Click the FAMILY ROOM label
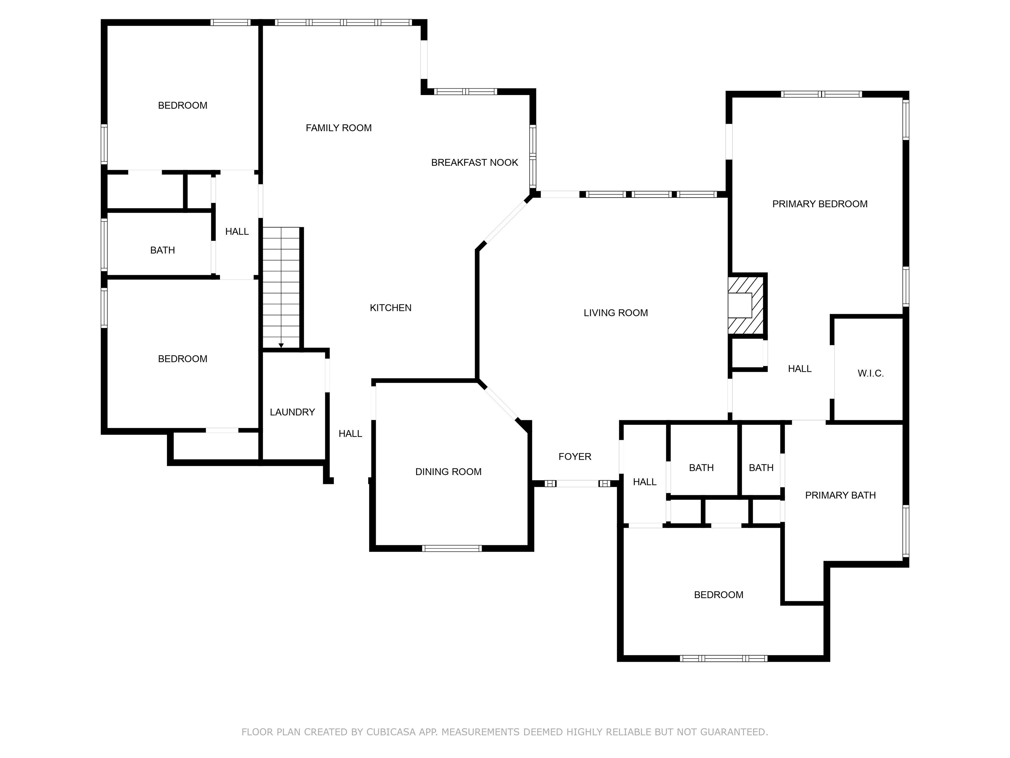(x=338, y=128)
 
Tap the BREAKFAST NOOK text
(x=474, y=163)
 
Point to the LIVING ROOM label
(x=615, y=313)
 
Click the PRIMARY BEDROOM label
(x=820, y=204)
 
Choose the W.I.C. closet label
(x=870, y=373)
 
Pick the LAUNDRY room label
(x=292, y=412)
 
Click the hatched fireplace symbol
(x=746, y=305)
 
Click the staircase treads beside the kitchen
(x=281, y=288)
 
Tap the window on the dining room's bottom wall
(x=452, y=548)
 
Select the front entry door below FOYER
(x=577, y=483)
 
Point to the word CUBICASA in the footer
(x=391, y=732)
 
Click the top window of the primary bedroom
(x=821, y=94)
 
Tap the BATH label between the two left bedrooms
(x=162, y=250)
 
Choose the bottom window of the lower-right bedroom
(x=723, y=658)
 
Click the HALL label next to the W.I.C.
(x=800, y=369)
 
